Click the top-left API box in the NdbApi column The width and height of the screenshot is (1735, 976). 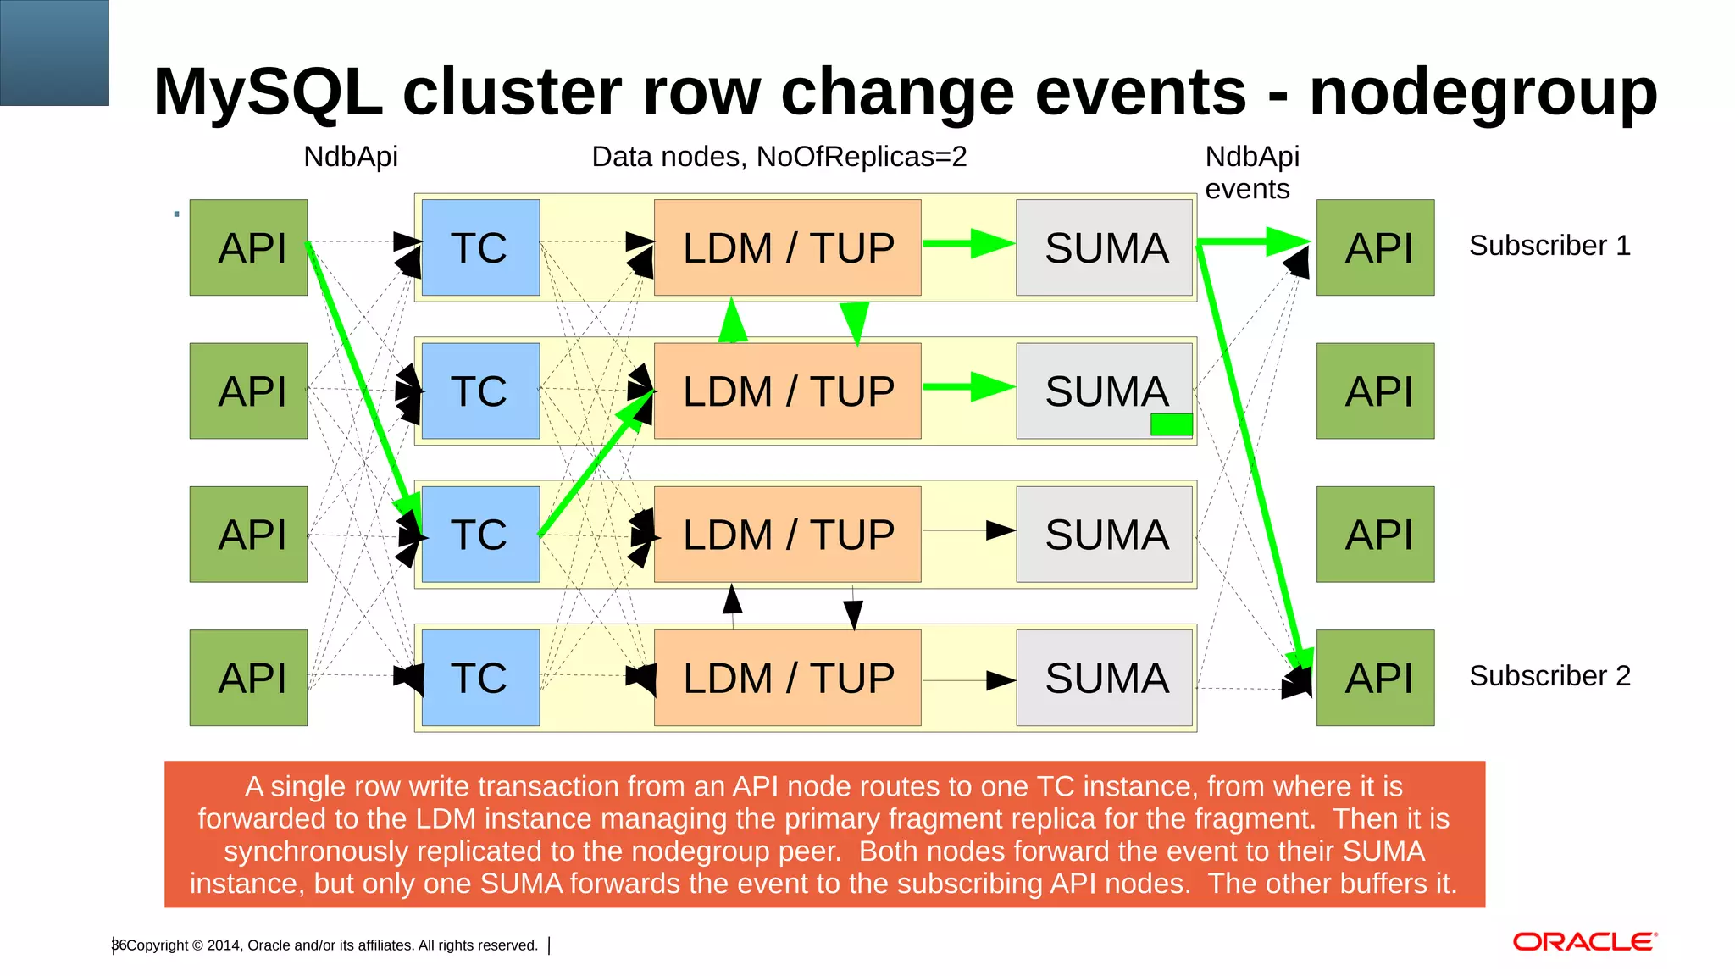tap(248, 247)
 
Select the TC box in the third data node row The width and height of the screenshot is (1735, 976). tap(480, 535)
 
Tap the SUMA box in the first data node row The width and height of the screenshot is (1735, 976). tap(1105, 247)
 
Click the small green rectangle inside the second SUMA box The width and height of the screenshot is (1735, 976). tap(1172, 424)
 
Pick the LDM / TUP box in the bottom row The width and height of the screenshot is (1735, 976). tap(787, 678)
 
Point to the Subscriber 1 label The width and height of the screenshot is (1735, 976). tap(1549, 246)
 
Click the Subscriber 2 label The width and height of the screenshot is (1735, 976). tap(1549, 676)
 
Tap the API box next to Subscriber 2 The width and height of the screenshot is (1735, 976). tap(1375, 678)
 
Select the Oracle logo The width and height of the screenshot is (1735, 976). tap(1584, 942)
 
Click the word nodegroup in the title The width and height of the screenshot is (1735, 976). tap(1483, 91)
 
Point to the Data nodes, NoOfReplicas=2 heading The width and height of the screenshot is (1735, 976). tap(779, 157)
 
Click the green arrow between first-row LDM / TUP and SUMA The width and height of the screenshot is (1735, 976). tap(968, 243)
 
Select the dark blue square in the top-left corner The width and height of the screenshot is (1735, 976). tap(54, 53)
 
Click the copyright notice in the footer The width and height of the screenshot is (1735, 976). tap(331, 945)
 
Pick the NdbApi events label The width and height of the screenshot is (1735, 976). tap(1251, 173)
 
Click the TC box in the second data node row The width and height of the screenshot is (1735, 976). tap(480, 391)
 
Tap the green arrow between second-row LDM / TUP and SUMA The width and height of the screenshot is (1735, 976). tap(968, 387)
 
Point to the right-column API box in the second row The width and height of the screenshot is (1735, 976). tap(1375, 391)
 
